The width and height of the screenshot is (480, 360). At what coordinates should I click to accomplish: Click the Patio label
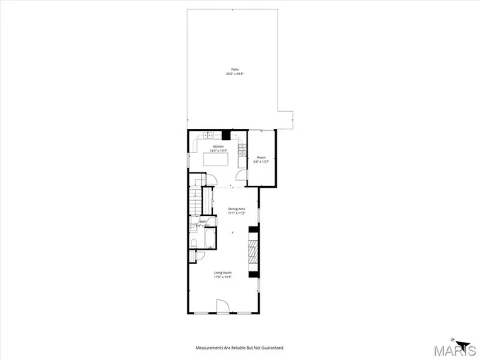[235, 72]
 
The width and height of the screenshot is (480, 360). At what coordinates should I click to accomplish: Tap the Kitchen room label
[218, 148]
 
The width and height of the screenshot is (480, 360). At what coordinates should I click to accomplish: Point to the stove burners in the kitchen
[241, 147]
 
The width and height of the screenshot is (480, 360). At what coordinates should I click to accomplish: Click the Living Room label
[222, 274]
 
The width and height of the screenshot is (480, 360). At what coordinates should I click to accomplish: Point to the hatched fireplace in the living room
[254, 251]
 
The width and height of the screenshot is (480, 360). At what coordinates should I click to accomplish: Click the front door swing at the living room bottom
[222, 306]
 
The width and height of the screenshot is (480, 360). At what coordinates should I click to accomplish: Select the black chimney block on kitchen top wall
[225, 135]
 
